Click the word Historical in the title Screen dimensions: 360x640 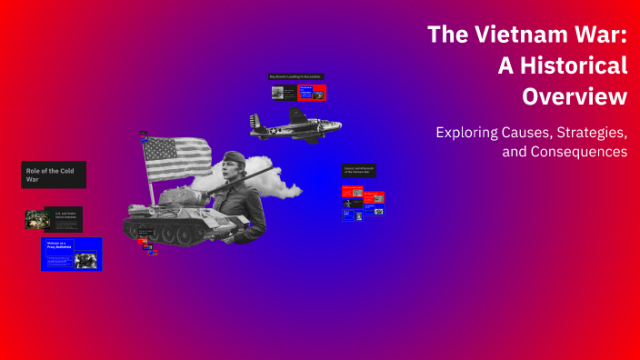coord(575,65)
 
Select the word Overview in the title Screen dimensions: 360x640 coord(575,95)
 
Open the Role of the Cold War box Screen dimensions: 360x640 coord(54,175)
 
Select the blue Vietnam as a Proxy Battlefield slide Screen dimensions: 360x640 coord(72,254)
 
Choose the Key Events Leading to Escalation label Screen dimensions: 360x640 coord(295,76)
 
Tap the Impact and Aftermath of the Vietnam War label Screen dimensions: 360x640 coord(359,170)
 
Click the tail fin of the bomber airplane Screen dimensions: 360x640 coord(256,122)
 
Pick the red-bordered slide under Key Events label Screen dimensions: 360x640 coord(312,92)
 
